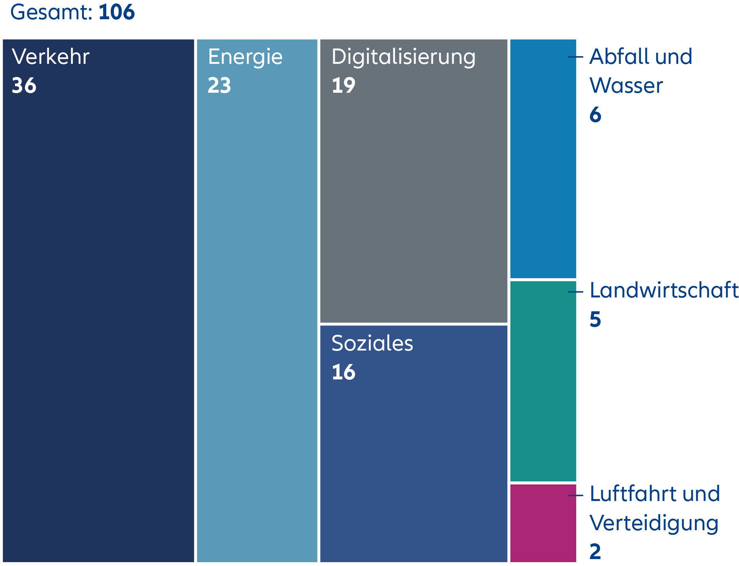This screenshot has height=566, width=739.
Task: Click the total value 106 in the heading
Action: [x=117, y=12]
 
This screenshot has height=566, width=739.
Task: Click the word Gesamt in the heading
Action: [x=51, y=12]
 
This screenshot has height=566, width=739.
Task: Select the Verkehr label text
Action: [x=50, y=57]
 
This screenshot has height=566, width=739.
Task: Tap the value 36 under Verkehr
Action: [x=24, y=85]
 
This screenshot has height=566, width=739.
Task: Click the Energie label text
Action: [x=245, y=57]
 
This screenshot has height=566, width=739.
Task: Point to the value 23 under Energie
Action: [x=219, y=85]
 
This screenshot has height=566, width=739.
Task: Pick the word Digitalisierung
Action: [x=403, y=57]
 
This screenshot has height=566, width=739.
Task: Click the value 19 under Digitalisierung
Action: [x=343, y=85]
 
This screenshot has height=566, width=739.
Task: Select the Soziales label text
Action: [x=372, y=343]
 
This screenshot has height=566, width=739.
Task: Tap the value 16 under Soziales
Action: [x=343, y=372]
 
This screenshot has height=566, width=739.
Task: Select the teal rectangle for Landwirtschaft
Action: [x=543, y=381]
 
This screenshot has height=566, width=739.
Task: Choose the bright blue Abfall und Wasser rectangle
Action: [x=543, y=158]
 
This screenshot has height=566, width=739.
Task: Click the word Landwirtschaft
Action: [x=664, y=290]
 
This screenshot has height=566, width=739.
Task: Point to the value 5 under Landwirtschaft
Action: [x=595, y=319]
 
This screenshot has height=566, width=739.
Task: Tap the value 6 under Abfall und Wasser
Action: [x=595, y=115]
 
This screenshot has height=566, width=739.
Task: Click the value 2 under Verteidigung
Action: [x=595, y=552]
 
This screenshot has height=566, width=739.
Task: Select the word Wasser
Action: [x=626, y=85]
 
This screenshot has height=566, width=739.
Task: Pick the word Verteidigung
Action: [x=654, y=523]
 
